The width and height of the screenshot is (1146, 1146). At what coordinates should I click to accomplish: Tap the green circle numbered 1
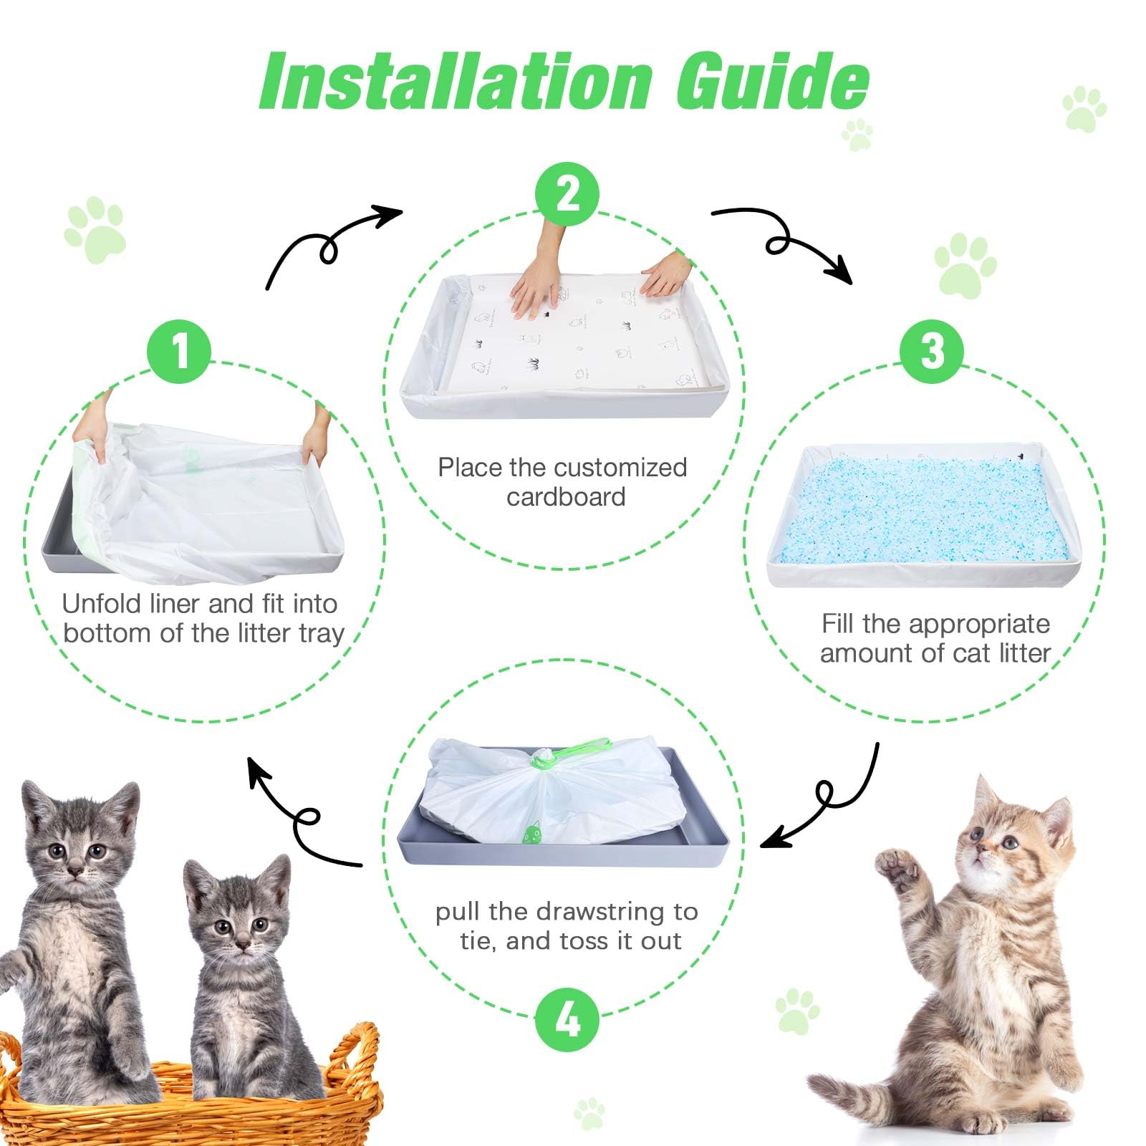[x=179, y=352]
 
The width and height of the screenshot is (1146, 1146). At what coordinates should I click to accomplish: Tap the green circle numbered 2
[x=567, y=194]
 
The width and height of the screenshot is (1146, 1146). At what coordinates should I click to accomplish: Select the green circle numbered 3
[x=932, y=352]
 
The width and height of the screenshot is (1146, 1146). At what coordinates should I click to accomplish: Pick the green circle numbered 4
[x=567, y=1019]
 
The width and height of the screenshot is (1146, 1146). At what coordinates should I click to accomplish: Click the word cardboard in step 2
[x=566, y=497]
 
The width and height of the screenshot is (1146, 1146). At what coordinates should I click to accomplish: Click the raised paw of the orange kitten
[x=895, y=870]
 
